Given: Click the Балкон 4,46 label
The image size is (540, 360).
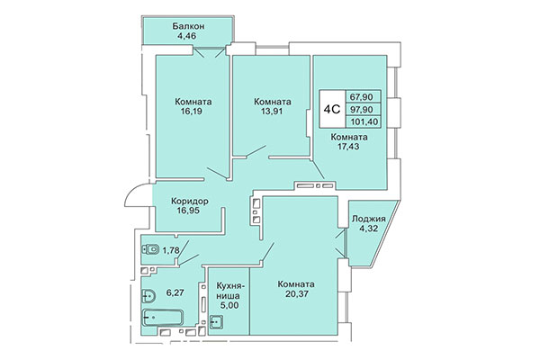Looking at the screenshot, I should coord(188,32).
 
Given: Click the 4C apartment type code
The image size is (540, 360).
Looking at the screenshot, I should coord(331,109).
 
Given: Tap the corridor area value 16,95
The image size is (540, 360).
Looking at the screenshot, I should coord(187,214).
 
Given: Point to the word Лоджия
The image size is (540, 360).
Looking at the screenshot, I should coord(368,219).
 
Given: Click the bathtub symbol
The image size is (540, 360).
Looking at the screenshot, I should coord(163,318).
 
